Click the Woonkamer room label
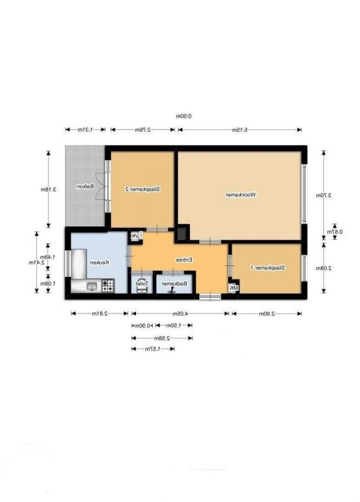coord(240,195)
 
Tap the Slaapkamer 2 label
coord(143,189)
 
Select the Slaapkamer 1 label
coord(267,268)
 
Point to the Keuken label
coord(99,262)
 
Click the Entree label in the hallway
coord(184,260)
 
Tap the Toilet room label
coord(142,283)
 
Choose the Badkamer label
coord(174,283)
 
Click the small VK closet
coord(135,236)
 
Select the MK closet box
coord(233,288)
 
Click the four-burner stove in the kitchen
coord(108,286)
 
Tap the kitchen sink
coord(91,286)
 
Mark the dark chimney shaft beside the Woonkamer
coord(182,233)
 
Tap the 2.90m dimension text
coord(267,313)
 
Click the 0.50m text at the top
coord(183,116)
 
